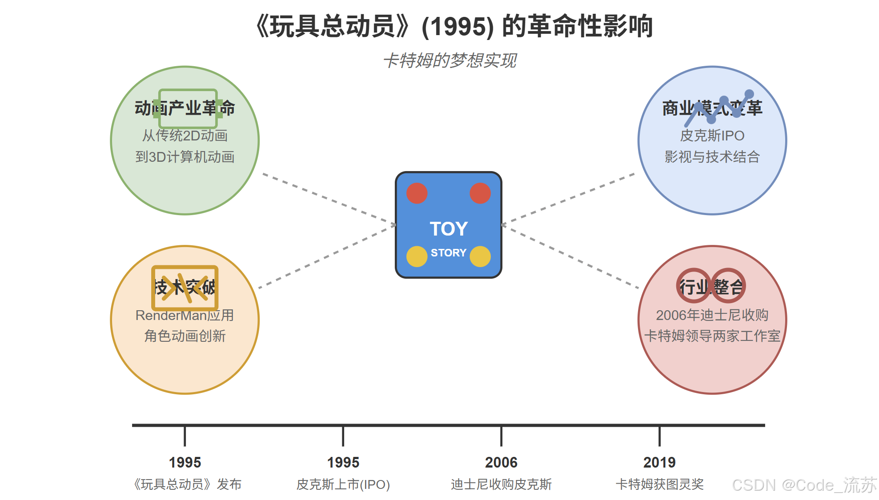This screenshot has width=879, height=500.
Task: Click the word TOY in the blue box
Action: [x=449, y=229]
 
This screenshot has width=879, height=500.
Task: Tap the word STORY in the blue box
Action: [x=448, y=253]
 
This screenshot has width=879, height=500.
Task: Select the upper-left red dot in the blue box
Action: [x=417, y=193]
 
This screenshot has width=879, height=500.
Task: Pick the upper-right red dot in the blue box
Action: [x=480, y=193]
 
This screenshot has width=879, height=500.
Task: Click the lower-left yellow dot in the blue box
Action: [x=417, y=256]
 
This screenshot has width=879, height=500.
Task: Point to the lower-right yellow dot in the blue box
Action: [x=480, y=256]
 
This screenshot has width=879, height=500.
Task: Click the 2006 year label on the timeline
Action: [x=501, y=463]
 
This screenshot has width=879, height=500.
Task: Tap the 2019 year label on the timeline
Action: [x=659, y=463]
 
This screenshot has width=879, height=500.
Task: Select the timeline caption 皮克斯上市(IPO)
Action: [x=343, y=484]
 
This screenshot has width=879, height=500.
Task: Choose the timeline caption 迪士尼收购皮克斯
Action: [x=501, y=484]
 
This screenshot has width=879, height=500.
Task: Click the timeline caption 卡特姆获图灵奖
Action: [x=659, y=484]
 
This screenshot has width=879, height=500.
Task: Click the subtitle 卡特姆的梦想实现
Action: [x=450, y=61]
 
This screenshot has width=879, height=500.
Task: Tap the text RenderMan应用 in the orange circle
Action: [x=185, y=315]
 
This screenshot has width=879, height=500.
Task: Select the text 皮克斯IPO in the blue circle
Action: [x=712, y=136]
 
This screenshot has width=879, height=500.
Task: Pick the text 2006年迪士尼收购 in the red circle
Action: [x=712, y=315]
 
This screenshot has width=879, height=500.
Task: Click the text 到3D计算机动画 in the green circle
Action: [x=185, y=157]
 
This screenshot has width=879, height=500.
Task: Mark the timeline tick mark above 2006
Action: [x=501, y=436]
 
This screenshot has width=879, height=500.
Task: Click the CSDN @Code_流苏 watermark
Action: [x=804, y=485]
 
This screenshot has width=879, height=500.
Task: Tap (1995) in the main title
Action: [x=458, y=27]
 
